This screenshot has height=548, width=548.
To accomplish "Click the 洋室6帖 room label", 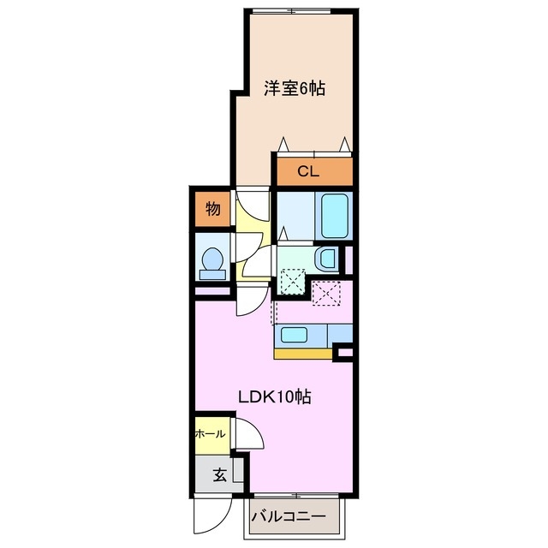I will [x=294, y=88].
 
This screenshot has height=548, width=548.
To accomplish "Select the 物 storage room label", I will [x=212, y=208].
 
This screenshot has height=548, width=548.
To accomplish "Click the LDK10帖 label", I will [x=274, y=397].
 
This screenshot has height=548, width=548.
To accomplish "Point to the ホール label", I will [x=211, y=434].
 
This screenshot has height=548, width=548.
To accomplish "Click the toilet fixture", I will [x=211, y=262].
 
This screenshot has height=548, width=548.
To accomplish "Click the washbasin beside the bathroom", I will [x=325, y=259].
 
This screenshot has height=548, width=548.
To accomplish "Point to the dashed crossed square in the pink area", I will [x=326, y=294].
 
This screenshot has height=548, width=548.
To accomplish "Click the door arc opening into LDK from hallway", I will [x=250, y=300].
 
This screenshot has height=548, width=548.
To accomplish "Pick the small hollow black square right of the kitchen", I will [x=345, y=351].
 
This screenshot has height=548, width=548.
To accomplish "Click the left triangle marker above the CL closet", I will [x=283, y=143].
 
